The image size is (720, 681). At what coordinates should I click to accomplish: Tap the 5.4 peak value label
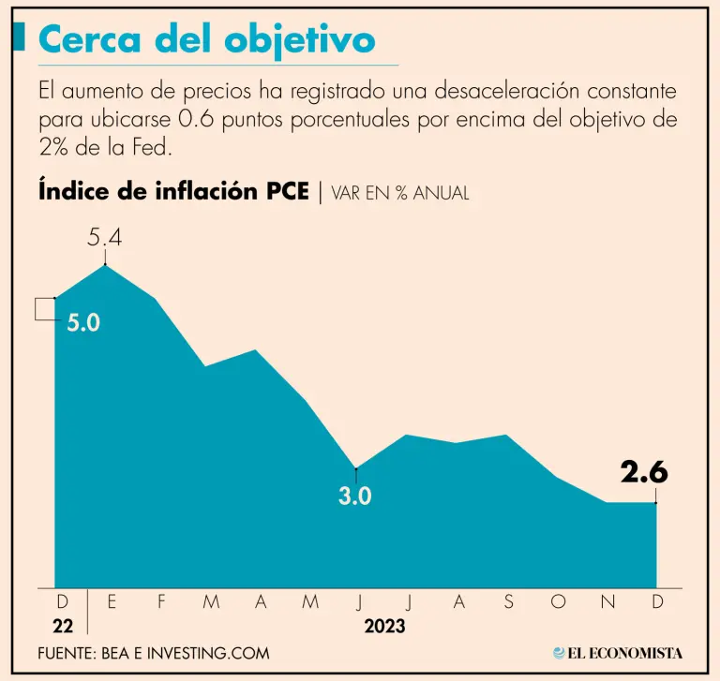[x=105, y=238]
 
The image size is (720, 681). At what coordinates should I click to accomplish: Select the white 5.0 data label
[x=82, y=323]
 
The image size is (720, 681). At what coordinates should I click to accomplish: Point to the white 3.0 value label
[x=355, y=496]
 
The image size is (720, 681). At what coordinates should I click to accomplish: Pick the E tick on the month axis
[x=112, y=603]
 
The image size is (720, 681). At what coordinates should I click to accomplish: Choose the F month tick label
[x=161, y=603]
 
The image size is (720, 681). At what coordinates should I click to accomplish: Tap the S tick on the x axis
[x=508, y=603]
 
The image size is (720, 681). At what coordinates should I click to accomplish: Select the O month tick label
[x=558, y=603]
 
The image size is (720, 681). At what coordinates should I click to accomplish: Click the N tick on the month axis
[x=607, y=603]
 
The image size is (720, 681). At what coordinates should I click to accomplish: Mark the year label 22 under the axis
[x=62, y=626]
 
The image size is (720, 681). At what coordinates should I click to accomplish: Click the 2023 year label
[x=384, y=626]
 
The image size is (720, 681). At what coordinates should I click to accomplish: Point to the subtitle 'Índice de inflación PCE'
[x=173, y=191]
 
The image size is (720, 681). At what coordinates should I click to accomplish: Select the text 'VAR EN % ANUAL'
[x=400, y=193]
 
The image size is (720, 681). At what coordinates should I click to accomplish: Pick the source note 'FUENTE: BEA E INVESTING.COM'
[x=154, y=653]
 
